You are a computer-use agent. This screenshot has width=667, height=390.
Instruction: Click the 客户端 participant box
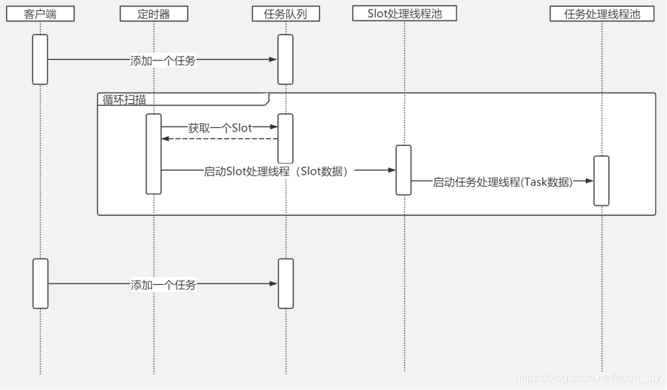coord(40,14)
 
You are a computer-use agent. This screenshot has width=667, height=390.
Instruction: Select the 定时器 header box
coord(153,14)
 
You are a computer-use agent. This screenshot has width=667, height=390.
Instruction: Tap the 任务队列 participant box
coord(285,14)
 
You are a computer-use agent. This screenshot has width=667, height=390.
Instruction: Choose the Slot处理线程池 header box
coord(404,13)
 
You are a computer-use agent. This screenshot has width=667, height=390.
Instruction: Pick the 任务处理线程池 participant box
coord(602,13)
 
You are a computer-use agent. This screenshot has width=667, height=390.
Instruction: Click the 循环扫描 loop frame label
coord(125,99)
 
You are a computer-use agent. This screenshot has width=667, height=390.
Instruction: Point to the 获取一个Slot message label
coord(220,127)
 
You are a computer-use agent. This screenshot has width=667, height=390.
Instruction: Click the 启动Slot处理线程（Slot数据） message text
coord(276,171)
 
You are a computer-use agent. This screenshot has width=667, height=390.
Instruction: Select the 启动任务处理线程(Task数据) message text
coord(502,182)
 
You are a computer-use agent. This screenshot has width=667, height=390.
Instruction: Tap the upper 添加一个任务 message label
coord(163,61)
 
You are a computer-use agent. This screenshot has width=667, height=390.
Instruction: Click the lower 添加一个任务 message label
coord(163,284)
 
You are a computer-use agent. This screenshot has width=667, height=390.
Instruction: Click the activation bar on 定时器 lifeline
coord(153,153)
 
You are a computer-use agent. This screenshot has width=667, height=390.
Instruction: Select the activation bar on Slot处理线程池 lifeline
coord(403,170)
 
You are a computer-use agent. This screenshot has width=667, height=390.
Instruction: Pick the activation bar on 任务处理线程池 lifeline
coord(602,180)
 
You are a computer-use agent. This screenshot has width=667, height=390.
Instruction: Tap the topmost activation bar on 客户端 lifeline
coord(40,59)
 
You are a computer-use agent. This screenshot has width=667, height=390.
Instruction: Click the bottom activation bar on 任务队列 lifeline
coord(285,283)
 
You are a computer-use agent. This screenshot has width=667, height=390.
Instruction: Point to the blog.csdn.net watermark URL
coord(588,378)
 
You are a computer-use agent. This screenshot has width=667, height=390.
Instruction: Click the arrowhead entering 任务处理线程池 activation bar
coord(590,182)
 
